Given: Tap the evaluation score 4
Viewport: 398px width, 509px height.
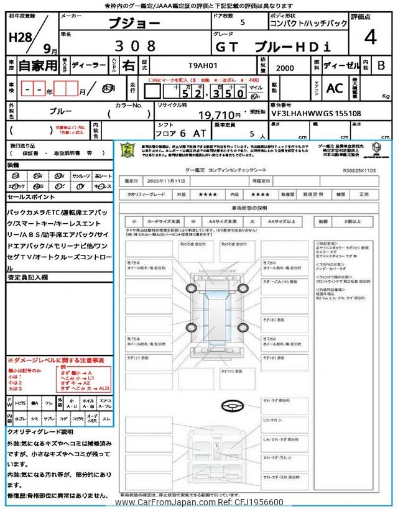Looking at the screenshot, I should [x=371, y=39].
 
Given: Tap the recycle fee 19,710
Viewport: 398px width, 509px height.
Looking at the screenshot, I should [x=220, y=115].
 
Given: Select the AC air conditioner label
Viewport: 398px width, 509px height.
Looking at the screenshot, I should [x=335, y=88].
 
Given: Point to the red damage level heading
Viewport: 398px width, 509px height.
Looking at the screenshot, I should [x=55, y=360].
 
